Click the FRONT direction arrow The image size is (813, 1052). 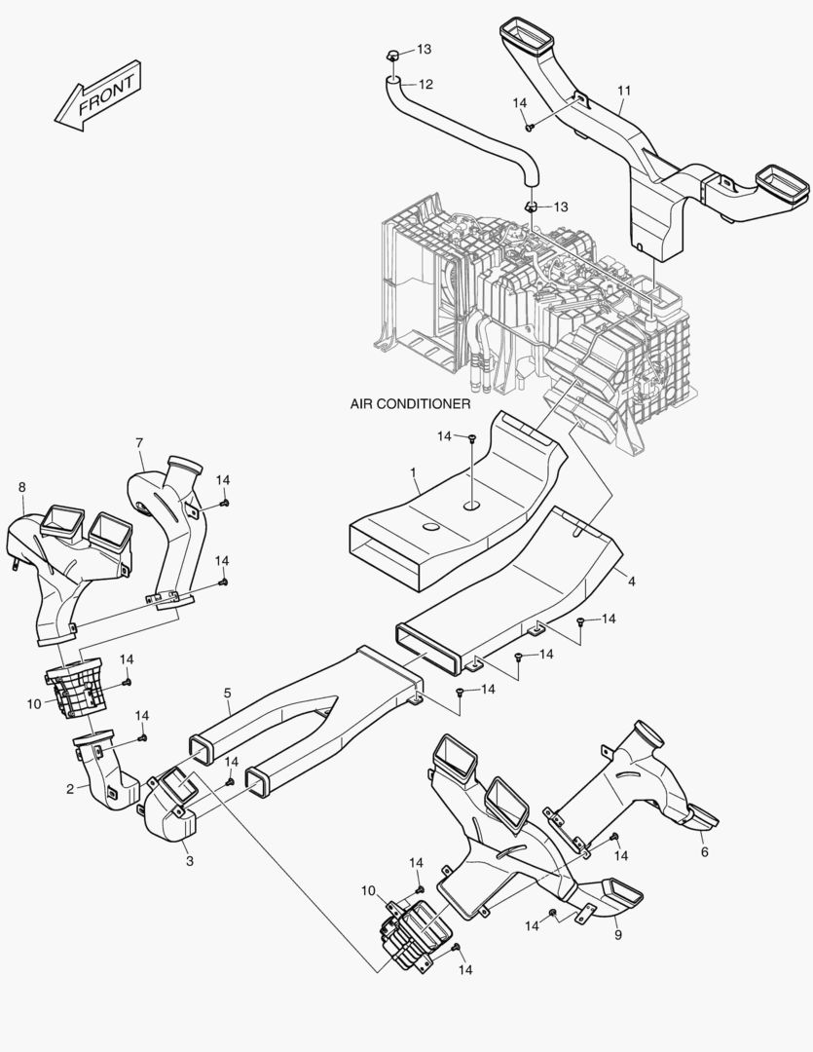pyautogui.click(x=98, y=94)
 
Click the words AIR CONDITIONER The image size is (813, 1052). pyautogui.click(x=410, y=402)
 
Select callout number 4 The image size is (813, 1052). pyautogui.click(x=631, y=582)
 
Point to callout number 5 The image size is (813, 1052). pyautogui.click(x=227, y=694)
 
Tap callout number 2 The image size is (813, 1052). pyautogui.click(x=70, y=789)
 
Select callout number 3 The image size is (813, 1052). pyautogui.click(x=189, y=861)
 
